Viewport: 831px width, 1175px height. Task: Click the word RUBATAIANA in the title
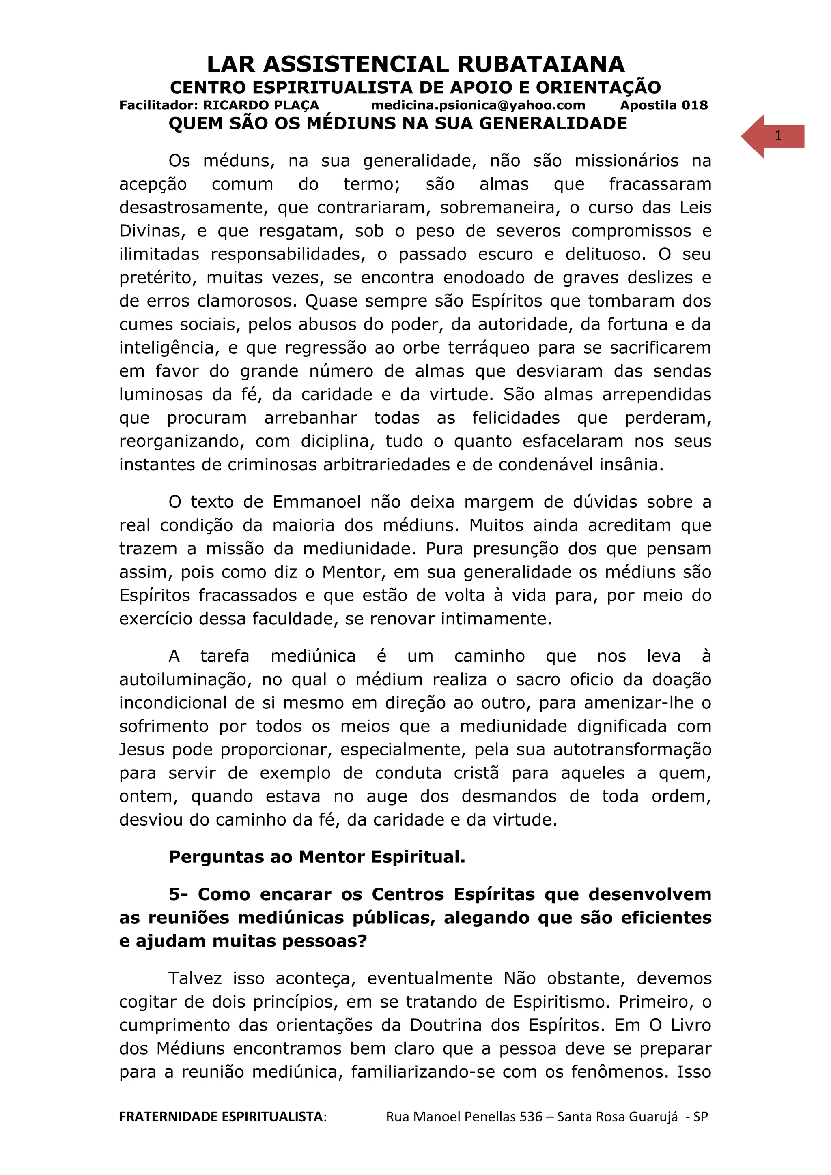click(x=541, y=64)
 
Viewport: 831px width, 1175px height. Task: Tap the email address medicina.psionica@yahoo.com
click(x=478, y=105)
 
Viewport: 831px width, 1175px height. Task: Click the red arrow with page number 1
click(x=772, y=136)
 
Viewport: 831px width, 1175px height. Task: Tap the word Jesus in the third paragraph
click(x=141, y=750)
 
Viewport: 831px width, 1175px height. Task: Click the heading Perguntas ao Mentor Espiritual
click(x=317, y=857)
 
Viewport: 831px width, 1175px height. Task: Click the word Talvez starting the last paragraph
click(x=195, y=978)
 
